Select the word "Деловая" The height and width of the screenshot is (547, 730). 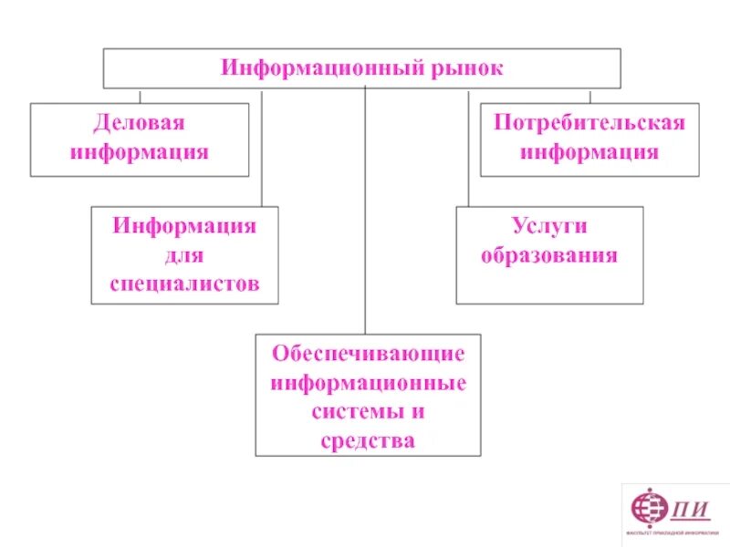click(x=140, y=123)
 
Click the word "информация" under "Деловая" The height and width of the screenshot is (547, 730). click(x=140, y=151)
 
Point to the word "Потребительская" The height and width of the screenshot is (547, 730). click(x=589, y=123)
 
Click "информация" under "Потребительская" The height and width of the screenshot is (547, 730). click(x=589, y=151)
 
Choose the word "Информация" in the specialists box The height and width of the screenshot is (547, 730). click(x=184, y=225)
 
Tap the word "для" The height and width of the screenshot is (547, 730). click(x=184, y=254)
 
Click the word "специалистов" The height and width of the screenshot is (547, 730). click(x=184, y=284)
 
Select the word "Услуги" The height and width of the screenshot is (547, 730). click(x=549, y=226)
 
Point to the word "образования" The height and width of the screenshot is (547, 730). click(x=549, y=255)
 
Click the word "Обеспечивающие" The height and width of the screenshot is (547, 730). click(x=368, y=353)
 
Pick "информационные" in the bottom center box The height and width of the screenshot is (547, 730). click(x=368, y=382)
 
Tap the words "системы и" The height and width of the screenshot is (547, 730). click(x=368, y=411)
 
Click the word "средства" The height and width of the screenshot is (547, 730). click(x=368, y=441)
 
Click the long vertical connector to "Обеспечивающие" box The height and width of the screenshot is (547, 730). click(x=365, y=210)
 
